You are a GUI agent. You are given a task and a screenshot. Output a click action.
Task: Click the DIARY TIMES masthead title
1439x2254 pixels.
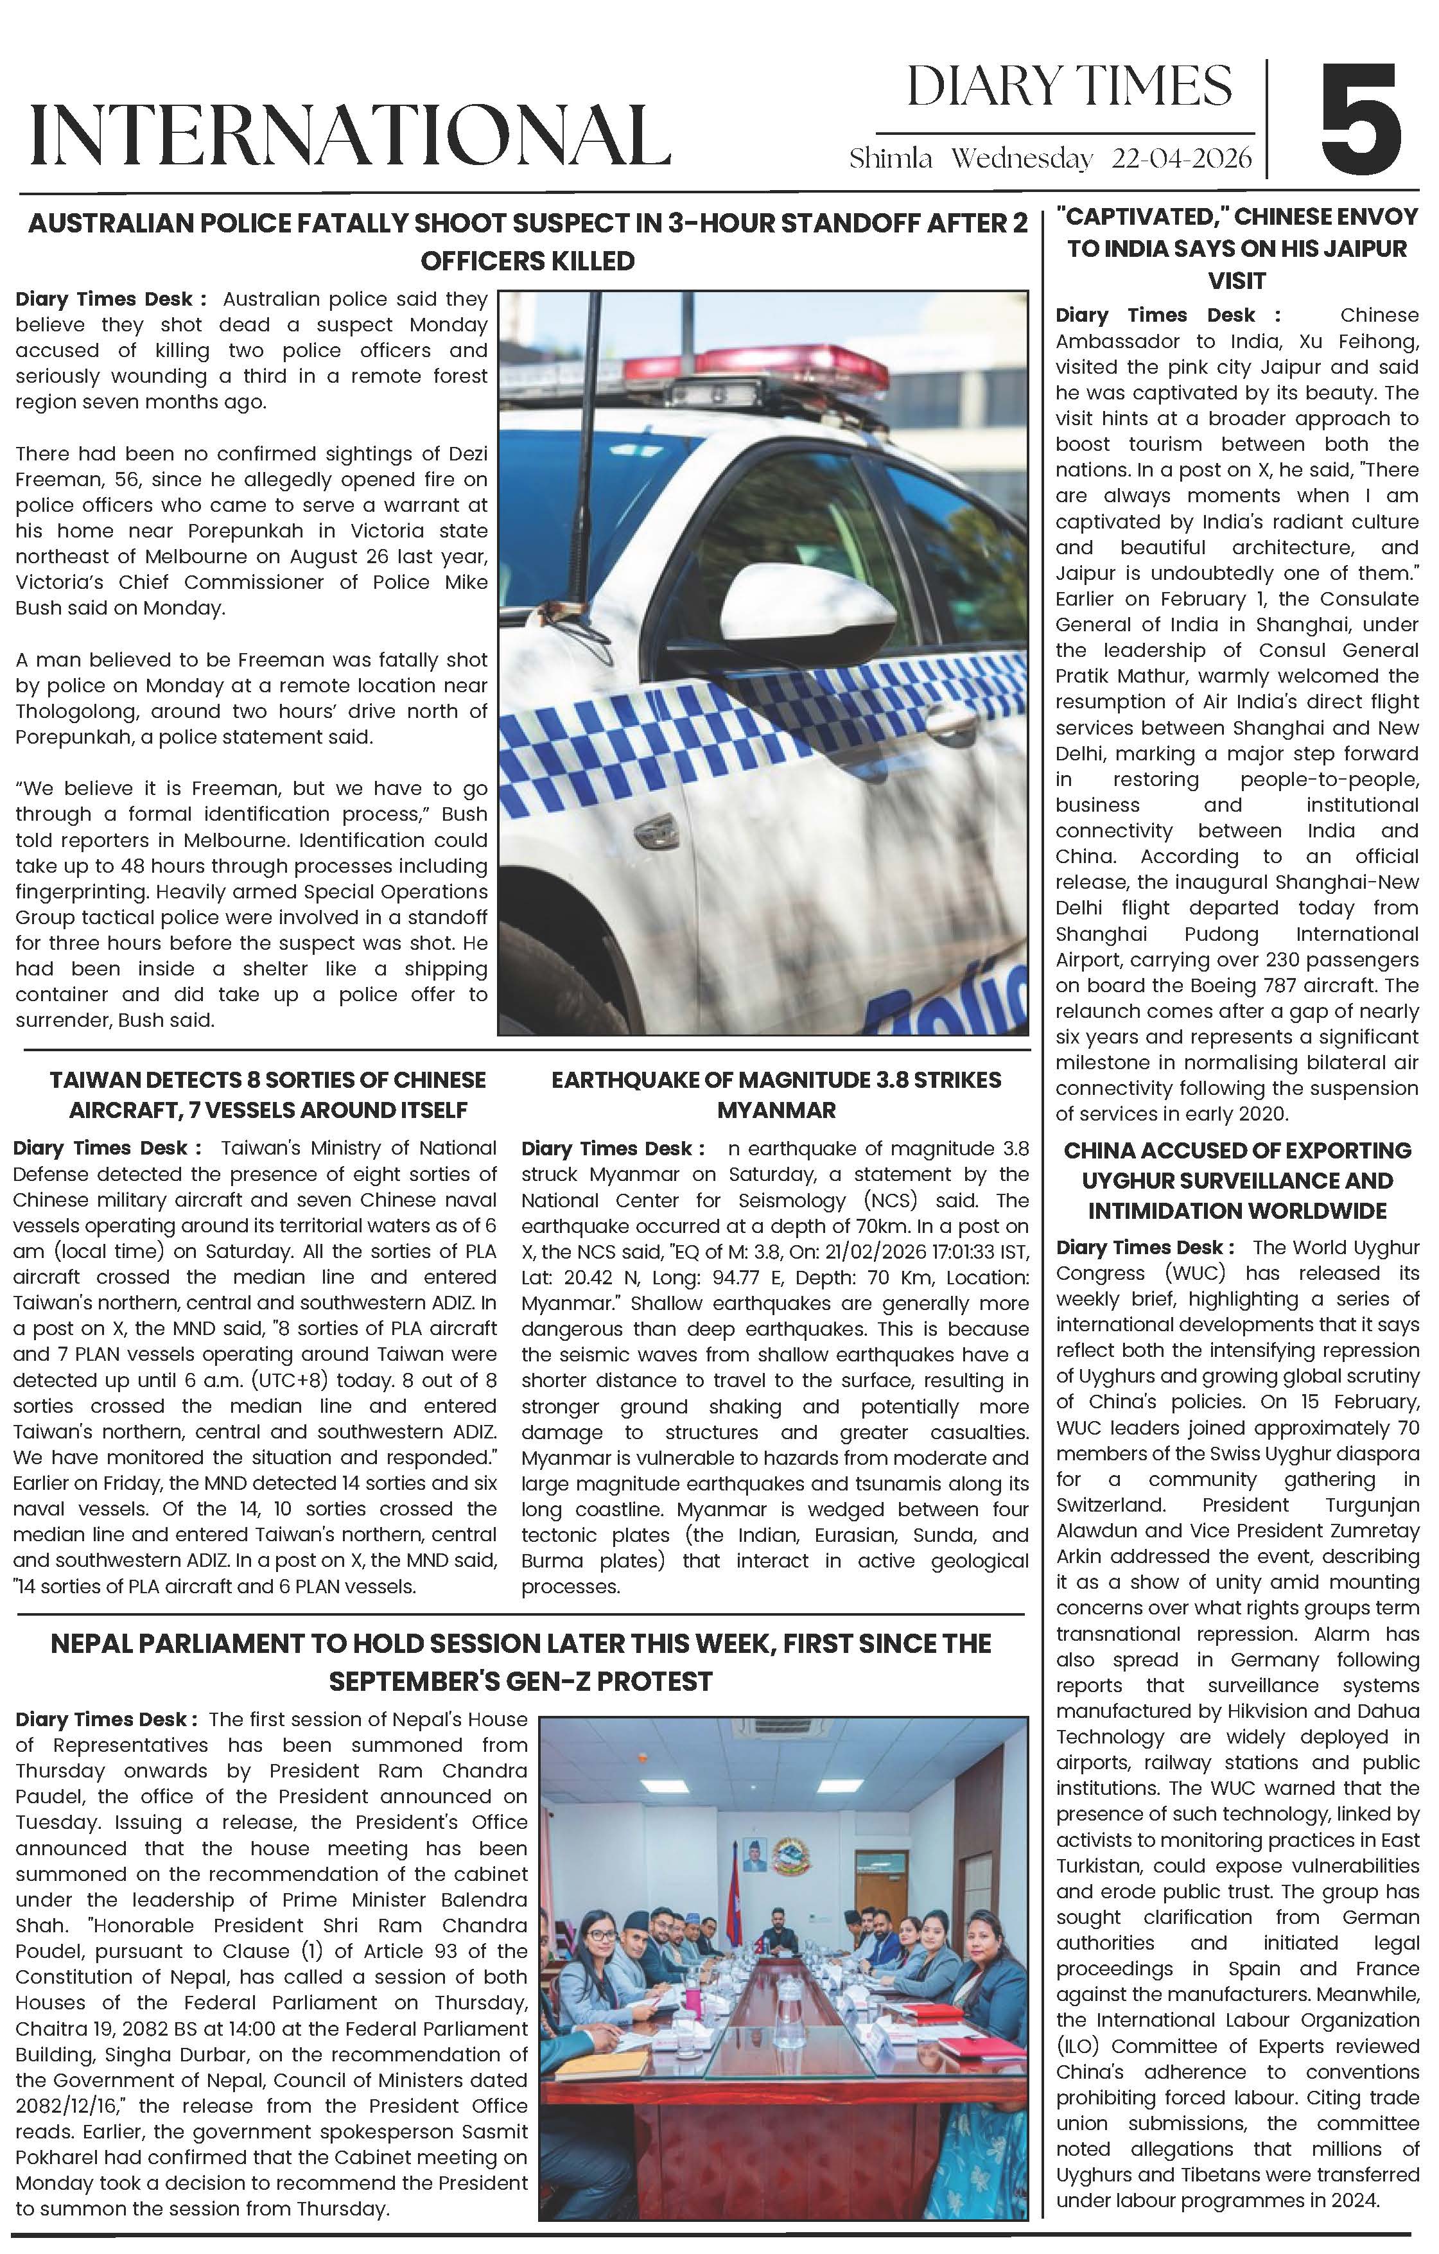(1069, 87)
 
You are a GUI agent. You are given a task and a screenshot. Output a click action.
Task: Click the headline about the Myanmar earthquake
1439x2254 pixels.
(776, 1094)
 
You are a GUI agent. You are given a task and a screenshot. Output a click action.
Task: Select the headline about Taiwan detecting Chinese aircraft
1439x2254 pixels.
(268, 1094)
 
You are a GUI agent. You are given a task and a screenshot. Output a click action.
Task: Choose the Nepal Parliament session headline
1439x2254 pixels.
(521, 1663)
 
